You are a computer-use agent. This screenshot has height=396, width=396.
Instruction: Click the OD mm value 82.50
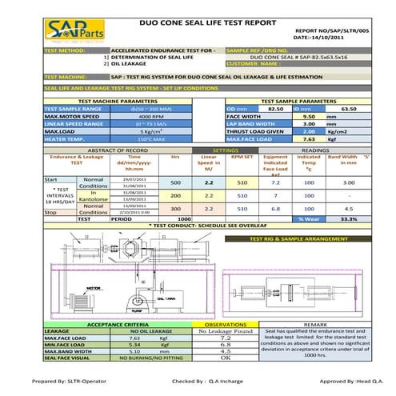click(x=274, y=107)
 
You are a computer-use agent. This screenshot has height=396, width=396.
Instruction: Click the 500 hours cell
click(x=176, y=183)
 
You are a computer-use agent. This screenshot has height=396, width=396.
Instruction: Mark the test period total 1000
click(x=184, y=218)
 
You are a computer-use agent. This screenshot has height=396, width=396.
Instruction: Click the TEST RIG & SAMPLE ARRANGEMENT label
click(x=300, y=239)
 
